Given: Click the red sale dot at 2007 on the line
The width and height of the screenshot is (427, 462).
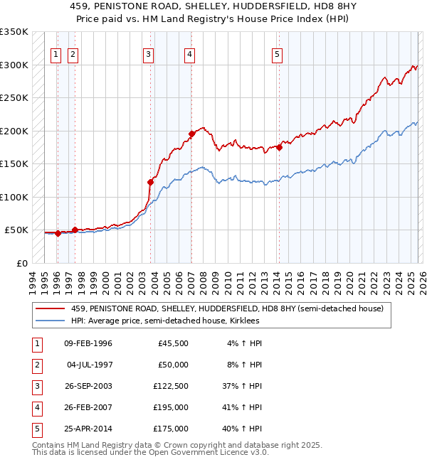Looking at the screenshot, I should coord(191,134).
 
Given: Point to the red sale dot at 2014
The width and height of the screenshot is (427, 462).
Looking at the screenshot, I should coord(280,147).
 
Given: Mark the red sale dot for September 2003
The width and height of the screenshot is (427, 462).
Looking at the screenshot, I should coord(150,182).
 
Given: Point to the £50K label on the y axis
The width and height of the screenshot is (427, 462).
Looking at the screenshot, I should coord(16,230).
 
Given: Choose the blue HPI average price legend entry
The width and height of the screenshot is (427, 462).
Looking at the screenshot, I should coord(165,321).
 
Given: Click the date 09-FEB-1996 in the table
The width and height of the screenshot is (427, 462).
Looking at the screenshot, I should coord(88,344).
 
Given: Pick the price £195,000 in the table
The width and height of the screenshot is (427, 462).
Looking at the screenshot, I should coord(173,408).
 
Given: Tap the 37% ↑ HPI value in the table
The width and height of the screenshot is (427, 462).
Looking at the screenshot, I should coord(243,387).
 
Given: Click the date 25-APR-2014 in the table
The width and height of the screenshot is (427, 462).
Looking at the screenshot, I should coord(88,429).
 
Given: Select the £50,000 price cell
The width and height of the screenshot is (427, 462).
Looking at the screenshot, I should coord(173,365).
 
